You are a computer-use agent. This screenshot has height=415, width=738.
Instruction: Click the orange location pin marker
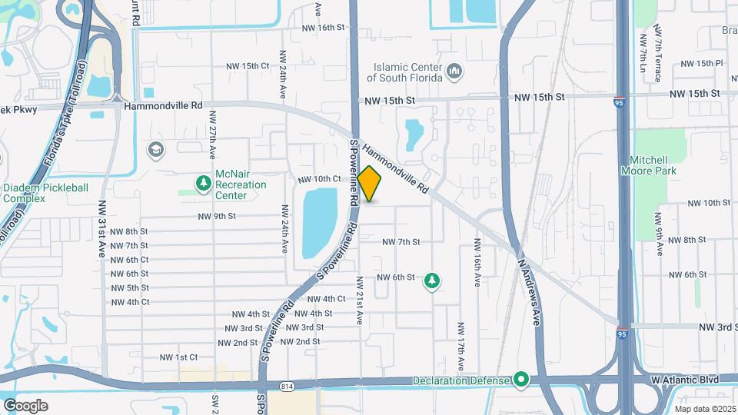pyautogui.click(x=369, y=184)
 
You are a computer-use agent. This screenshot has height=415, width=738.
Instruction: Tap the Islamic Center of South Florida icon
pyautogui.click(x=454, y=71)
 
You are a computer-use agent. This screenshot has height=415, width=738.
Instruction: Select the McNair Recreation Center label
pyautogui.click(x=241, y=184)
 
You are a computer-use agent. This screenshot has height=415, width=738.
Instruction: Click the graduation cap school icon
pyautogui.click(x=157, y=149)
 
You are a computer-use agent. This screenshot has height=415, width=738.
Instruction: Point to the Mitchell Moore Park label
pyautogui.click(x=653, y=165)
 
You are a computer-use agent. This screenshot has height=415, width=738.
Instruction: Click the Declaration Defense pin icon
pyautogui.click(x=521, y=380)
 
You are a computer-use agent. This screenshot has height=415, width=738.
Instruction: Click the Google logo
pyautogui.click(x=25, y=405)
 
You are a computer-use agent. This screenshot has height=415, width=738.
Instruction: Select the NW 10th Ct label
pyautogui.click(x=319, y=179)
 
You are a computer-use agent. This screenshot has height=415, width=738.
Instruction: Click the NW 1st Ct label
pyautogui.click(x=178, y=357)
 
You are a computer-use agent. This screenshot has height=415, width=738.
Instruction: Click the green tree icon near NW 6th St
pyautogui.click(x=432, y=281)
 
